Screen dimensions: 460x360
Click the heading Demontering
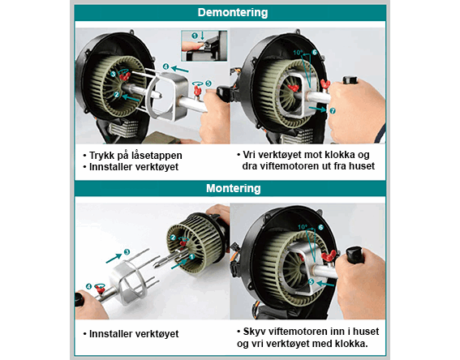pos(233,13)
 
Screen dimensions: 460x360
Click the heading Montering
pos(233,188)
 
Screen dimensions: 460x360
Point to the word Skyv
pos(254,332)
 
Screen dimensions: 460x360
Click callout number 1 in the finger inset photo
pos(194,36)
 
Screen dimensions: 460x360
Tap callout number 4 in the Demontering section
pos(166,66)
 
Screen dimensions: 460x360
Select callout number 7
pos(333,111)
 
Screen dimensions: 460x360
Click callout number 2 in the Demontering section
pos(117,94)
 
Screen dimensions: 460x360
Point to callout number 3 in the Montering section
pos(127,252)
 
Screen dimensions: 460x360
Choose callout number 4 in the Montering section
pos(89,286)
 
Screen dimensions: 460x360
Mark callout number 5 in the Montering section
pos(312,281)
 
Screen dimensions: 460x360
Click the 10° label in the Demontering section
pos(298,53)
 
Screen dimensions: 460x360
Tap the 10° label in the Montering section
pos(302,226)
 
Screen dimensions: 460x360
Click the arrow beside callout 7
pos(317,109)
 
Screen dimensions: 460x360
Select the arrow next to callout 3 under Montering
pos(114,259)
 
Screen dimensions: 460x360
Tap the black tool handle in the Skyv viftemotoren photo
pos(355,255)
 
